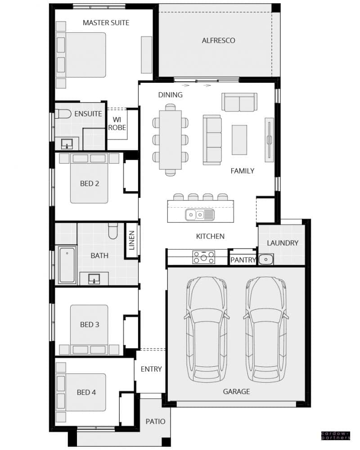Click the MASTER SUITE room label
[106, 22]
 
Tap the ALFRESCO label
[218, 40]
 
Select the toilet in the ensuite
[63, 114]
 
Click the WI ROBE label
[117, 124]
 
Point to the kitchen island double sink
[200, 215]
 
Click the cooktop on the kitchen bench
[204, 257]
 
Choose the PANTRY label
[243, 260]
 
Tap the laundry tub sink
[266, 259]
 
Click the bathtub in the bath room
[67, 265]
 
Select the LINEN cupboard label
[132, 241]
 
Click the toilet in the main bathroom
[113, 231]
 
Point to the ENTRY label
[151, 369]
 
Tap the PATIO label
[155, 421]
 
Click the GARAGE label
[236, 392]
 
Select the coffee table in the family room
[239, 140]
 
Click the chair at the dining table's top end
[171, 107]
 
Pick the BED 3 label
[90, 325]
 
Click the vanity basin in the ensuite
[67, 143]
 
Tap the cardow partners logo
[336, 435]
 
